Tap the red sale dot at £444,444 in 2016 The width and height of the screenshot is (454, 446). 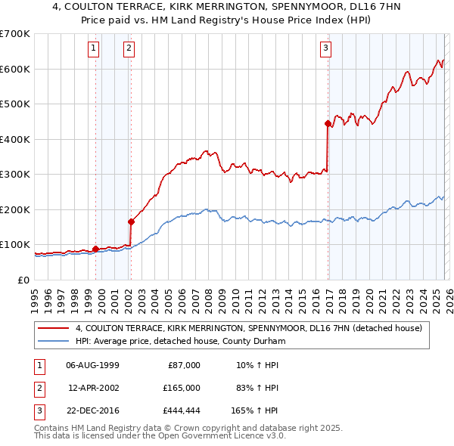coord(328,123)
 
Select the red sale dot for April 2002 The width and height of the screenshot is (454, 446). coord(131,221)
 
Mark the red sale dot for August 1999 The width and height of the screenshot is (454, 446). coord(95,249)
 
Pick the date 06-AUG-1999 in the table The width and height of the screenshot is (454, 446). coord(92,365)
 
